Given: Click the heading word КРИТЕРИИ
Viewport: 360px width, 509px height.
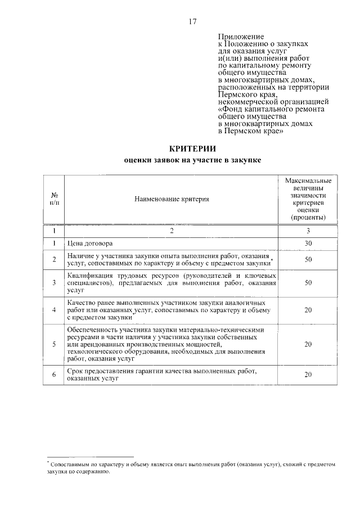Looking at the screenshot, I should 192,148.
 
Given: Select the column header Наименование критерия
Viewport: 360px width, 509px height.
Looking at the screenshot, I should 172,199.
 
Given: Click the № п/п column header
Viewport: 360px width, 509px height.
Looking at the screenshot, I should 55,199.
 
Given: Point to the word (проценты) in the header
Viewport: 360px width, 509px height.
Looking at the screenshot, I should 308,217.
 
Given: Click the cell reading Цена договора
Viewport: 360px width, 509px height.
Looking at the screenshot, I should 90,243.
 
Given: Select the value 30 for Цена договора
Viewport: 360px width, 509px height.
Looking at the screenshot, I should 308,243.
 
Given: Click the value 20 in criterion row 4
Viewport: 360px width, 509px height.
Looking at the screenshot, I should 308,310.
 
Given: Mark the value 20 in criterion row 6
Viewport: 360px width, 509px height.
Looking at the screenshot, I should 308,375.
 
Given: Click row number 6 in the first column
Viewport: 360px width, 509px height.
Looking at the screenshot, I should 54,375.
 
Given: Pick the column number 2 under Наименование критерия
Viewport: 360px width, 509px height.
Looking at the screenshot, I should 172,231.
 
